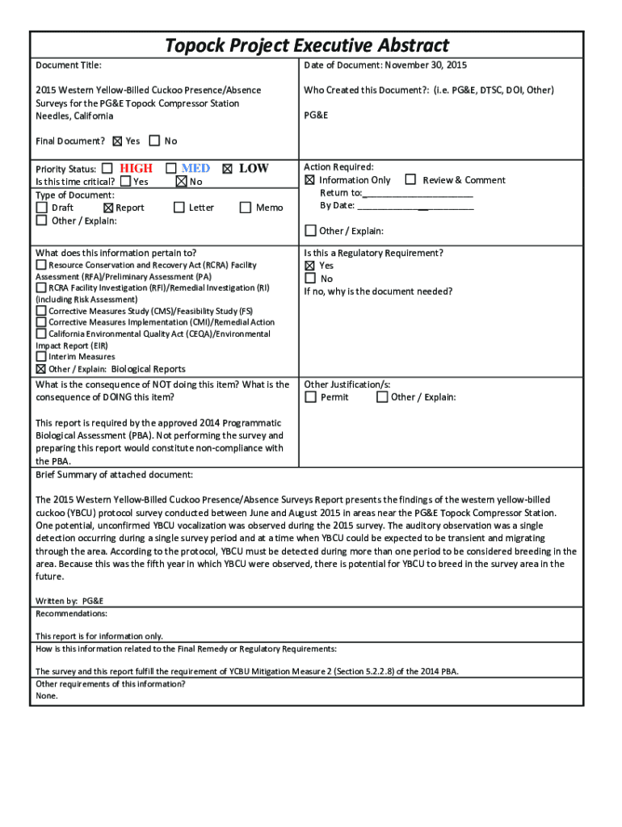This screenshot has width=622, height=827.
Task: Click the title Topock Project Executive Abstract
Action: [x=307, y=45]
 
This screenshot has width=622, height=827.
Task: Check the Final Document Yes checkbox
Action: [x=118, y=141]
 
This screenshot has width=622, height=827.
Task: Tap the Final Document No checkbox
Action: [x=155, y=141]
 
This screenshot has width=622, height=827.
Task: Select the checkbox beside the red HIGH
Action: [x=107, y=169]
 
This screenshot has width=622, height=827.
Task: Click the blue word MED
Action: [x=195, y=168]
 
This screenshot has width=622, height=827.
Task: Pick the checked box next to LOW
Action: [x=227, y=169]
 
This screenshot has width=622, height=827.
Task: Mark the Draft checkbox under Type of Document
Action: [x=41, y=208]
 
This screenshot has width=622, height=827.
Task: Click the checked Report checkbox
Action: [x=109, y=208]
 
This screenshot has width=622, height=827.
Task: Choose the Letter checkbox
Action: [x=179, y=208]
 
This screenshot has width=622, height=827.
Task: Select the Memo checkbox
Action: [x=246, y=208]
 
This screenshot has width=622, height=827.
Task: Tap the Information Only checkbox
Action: [x=309, y=180]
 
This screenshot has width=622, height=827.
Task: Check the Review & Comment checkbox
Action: [x=410, y=179]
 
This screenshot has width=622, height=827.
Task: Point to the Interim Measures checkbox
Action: [x=41, y=356]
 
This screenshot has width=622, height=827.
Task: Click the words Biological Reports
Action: [x=148, y=369]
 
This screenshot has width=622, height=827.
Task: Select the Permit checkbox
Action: [x=310, y=397]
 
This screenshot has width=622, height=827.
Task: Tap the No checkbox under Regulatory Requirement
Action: [x=309, y=279]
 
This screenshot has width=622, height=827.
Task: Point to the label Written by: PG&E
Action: [x=69, y=601]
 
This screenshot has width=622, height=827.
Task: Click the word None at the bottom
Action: [x=47, y=695]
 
